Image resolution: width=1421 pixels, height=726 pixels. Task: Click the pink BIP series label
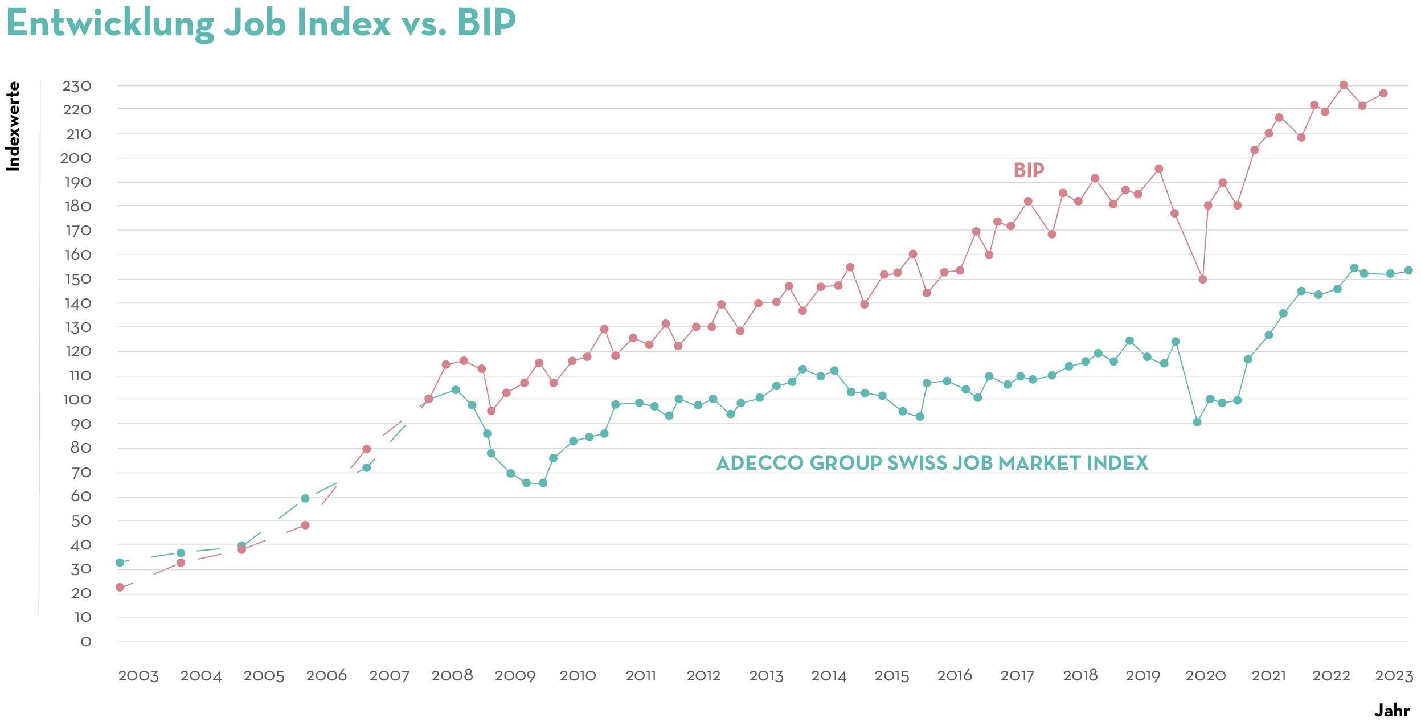1029,170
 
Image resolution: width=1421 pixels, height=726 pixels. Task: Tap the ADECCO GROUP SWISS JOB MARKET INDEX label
932,463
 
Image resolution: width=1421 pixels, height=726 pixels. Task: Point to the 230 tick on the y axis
77,86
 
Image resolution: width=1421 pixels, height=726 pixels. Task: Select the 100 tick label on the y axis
77,399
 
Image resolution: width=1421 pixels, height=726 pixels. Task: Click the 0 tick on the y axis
85,642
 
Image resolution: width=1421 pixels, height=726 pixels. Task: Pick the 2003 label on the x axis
138,676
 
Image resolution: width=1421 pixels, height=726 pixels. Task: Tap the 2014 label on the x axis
829,676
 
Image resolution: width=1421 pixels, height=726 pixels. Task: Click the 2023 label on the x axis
1394,676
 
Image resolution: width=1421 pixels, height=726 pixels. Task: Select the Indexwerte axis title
13,126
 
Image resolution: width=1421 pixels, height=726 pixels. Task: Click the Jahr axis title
1392,711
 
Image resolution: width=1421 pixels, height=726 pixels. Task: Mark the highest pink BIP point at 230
1344,85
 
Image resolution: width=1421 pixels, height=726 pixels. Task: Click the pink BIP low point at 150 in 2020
1203,280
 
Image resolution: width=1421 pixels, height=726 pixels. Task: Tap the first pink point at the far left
120,587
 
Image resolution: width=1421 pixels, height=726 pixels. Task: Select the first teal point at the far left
120,563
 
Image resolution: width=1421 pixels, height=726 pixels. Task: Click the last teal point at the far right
1408,270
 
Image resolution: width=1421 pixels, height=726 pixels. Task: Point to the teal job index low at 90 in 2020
1197,422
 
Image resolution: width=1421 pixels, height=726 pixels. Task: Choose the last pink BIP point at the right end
1383,93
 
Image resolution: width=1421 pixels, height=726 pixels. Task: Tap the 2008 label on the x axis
452,676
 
